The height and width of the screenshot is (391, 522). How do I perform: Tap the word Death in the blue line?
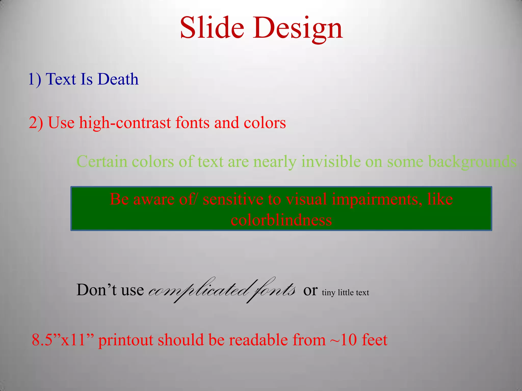[x=118, y=79]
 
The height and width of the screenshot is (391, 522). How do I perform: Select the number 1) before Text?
[x=35, y=79]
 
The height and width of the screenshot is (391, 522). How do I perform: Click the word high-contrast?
[x=125, y=123]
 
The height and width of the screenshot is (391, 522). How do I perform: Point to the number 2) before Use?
[x=36, y=123]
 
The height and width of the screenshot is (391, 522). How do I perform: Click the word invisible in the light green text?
[x=331, y=162]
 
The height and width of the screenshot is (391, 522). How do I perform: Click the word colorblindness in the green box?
[x=281, y=220]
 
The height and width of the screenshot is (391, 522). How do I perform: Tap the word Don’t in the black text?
[x=96, y=290]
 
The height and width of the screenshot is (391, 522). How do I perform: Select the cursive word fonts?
[x=273, y=290]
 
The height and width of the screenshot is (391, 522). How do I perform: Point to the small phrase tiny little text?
[x=345, y=293]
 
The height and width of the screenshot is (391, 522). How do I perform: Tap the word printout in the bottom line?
[x=126, y=340]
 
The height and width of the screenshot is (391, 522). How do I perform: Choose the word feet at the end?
[x=374, y=340]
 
